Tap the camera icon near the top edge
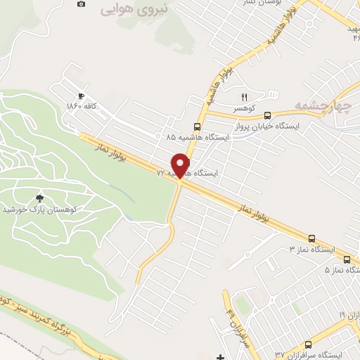pyautogui.click(x=81, y=4)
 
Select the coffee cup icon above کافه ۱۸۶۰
pyautogui.click(x=82, y=95)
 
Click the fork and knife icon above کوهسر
pyautogui.click(x=245, y=97)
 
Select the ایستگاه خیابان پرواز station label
pyautogui.click(x=269, y=126)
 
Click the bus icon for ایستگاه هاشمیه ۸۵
pyautogui.click(x=196, y=127)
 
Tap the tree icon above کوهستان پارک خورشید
pyautogui.click(x=39, y=198)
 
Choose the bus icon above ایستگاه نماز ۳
pyautogui.click(x=310, y=238)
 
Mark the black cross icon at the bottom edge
pyautogui.click(x=220, y=357)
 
